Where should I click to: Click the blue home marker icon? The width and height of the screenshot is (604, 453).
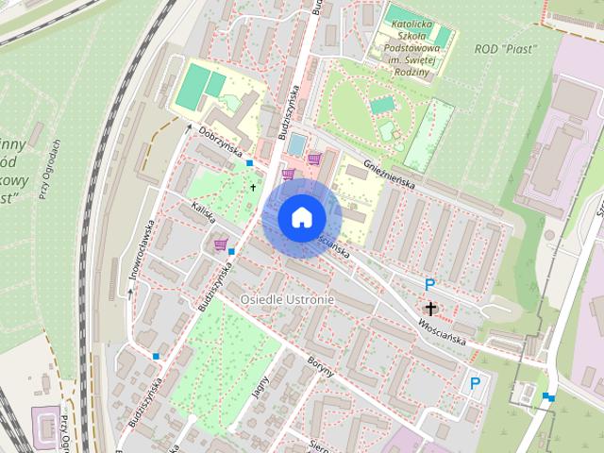click(301, 217)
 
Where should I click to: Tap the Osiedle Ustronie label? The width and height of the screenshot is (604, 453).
click(287, 299)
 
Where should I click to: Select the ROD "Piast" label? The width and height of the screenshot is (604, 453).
click(505, 48)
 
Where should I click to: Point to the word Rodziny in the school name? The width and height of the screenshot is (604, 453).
click(411, 74)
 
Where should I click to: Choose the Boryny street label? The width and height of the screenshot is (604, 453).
click(321, 365)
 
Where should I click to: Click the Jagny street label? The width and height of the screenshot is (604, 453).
click(261, 387)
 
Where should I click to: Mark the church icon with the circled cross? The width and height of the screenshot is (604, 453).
click(431, 308)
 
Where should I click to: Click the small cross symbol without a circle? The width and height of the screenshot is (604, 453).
click(253, 187)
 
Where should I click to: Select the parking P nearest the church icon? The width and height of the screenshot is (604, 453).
click(430, 284)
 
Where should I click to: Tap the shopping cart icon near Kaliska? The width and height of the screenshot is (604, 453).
click(221, 245)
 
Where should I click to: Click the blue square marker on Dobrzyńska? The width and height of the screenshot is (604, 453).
click(249, 163)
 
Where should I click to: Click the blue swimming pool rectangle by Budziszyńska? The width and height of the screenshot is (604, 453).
click(296, 144)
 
